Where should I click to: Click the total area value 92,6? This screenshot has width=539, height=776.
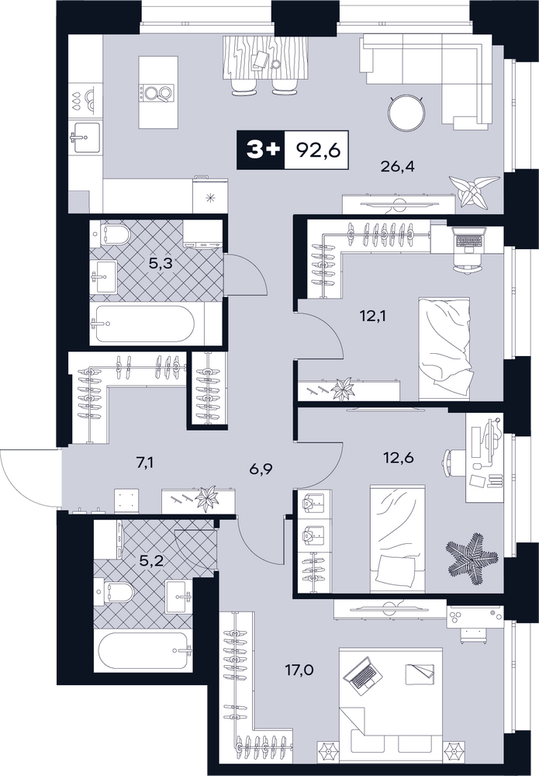[319, 150]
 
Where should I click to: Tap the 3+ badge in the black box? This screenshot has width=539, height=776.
[261, 150]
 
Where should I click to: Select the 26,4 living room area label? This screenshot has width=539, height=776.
[397, 166]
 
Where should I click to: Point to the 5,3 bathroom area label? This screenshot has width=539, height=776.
[161, 263]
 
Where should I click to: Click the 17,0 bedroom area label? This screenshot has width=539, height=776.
[299, 670]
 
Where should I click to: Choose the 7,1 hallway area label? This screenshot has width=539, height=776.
[144, 463]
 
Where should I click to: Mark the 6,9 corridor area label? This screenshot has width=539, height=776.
[263, 467]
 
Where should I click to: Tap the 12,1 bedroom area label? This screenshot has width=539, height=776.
[373, 315]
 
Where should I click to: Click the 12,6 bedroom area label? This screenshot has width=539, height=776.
[399, 458]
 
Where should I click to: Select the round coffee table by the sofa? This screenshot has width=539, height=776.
[406, 113]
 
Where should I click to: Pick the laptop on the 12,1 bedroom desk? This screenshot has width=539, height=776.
[468, 241]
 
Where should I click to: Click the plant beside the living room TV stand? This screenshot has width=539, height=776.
[473, 189]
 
